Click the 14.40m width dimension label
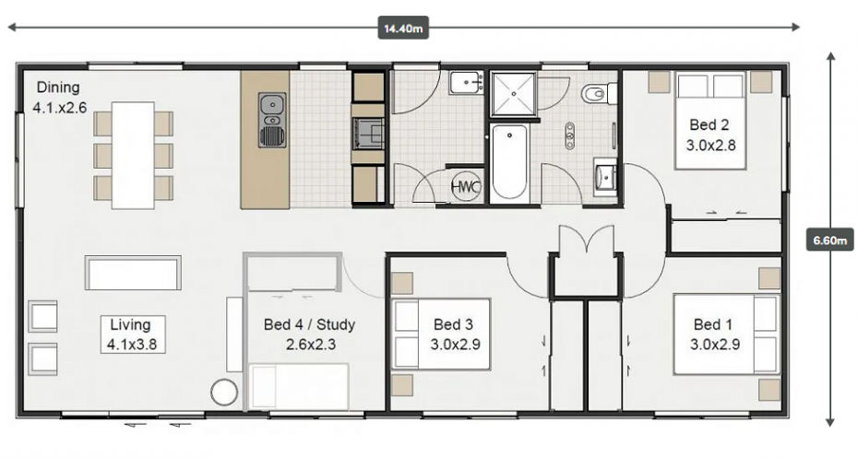click(403, 28)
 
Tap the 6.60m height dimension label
click(829, 240)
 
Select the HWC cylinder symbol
click(466, 187)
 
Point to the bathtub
click(509, 162)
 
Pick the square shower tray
click(513, 94)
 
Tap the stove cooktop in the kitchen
click(368, 133)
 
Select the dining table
click(133, 155)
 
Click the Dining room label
click(59, 98)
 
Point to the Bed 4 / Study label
click(309, 334)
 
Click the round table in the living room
click(224, 392)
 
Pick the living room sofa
click(133, 273)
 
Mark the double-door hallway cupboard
click(586, 275)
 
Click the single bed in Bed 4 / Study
click(299, 386)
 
